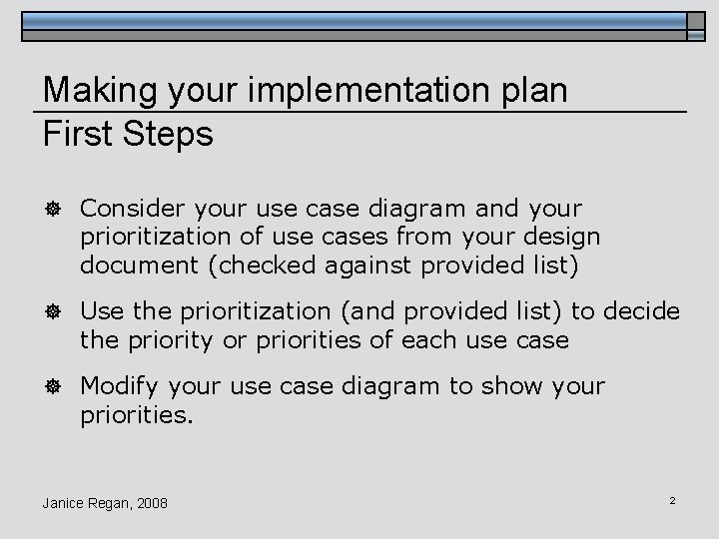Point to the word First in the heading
75,134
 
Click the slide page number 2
673,499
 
